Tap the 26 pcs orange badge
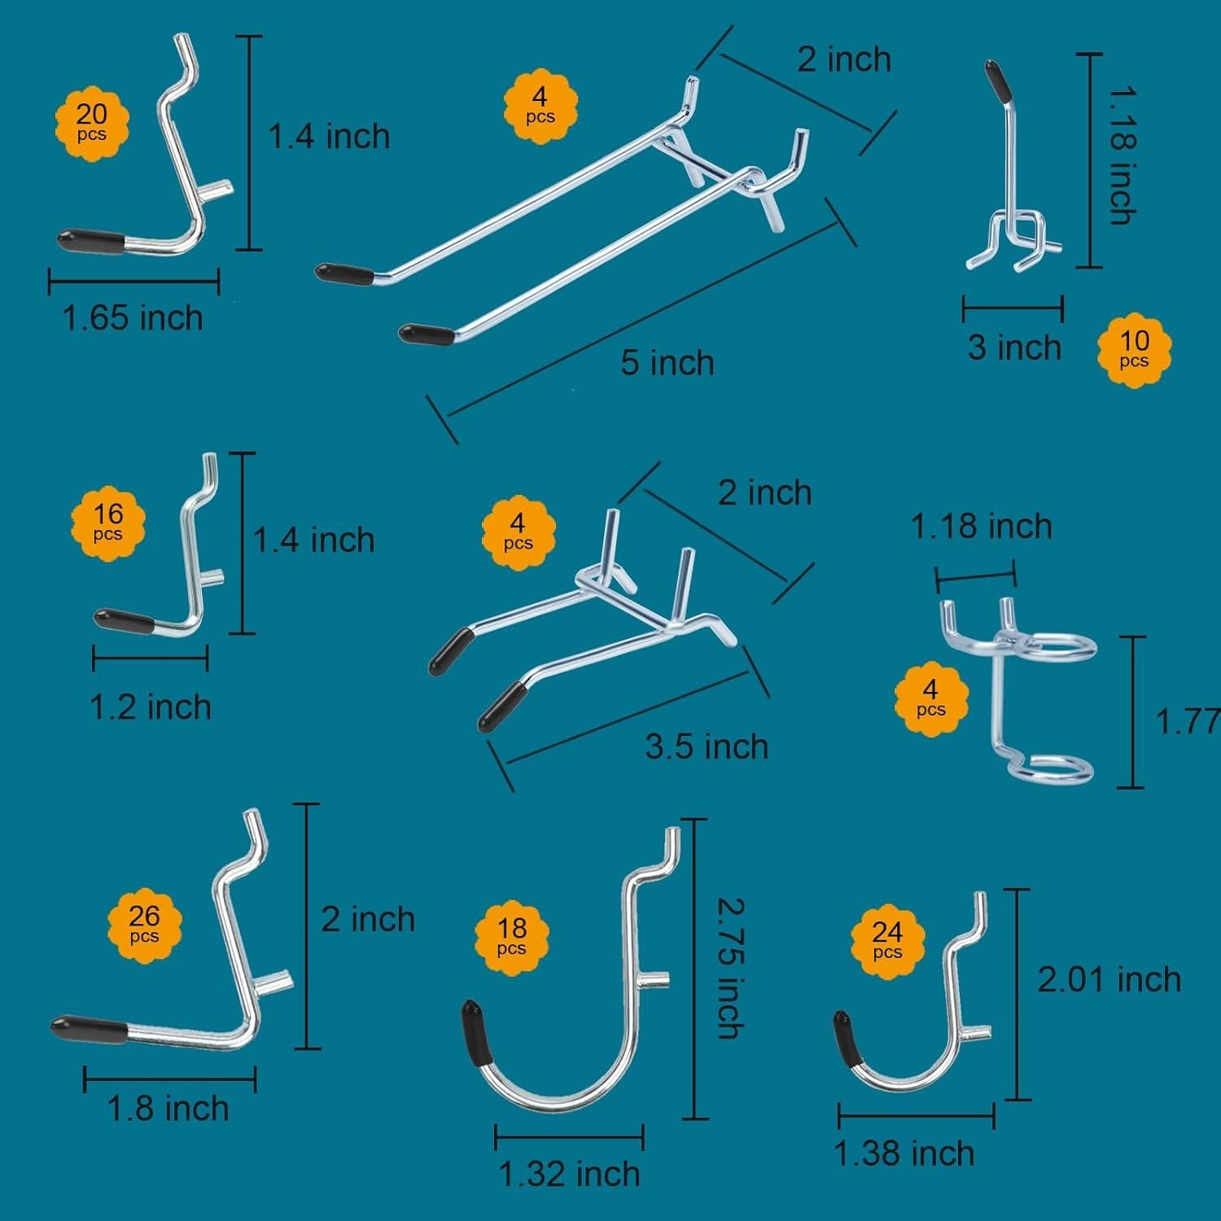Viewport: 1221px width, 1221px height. coord(144,925)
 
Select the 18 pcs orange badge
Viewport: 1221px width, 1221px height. coord(511,936)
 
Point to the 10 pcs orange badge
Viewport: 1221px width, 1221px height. coord(1134,349)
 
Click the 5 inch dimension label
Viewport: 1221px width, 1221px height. coord(667,363)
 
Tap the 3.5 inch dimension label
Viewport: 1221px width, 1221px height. coord(707,746)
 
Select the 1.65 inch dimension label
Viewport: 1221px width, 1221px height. coord(133,317)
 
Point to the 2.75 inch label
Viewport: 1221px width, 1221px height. coord(729,968)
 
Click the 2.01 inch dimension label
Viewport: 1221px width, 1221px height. coord(1109,979)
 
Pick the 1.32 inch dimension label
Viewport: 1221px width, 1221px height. coord(569,1174)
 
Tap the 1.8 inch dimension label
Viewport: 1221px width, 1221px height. coord(168,1109)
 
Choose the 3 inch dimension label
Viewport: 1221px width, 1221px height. coord(1014,348)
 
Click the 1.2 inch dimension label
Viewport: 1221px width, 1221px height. coord(151,707)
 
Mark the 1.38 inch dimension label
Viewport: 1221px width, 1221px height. coord(904,1153)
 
